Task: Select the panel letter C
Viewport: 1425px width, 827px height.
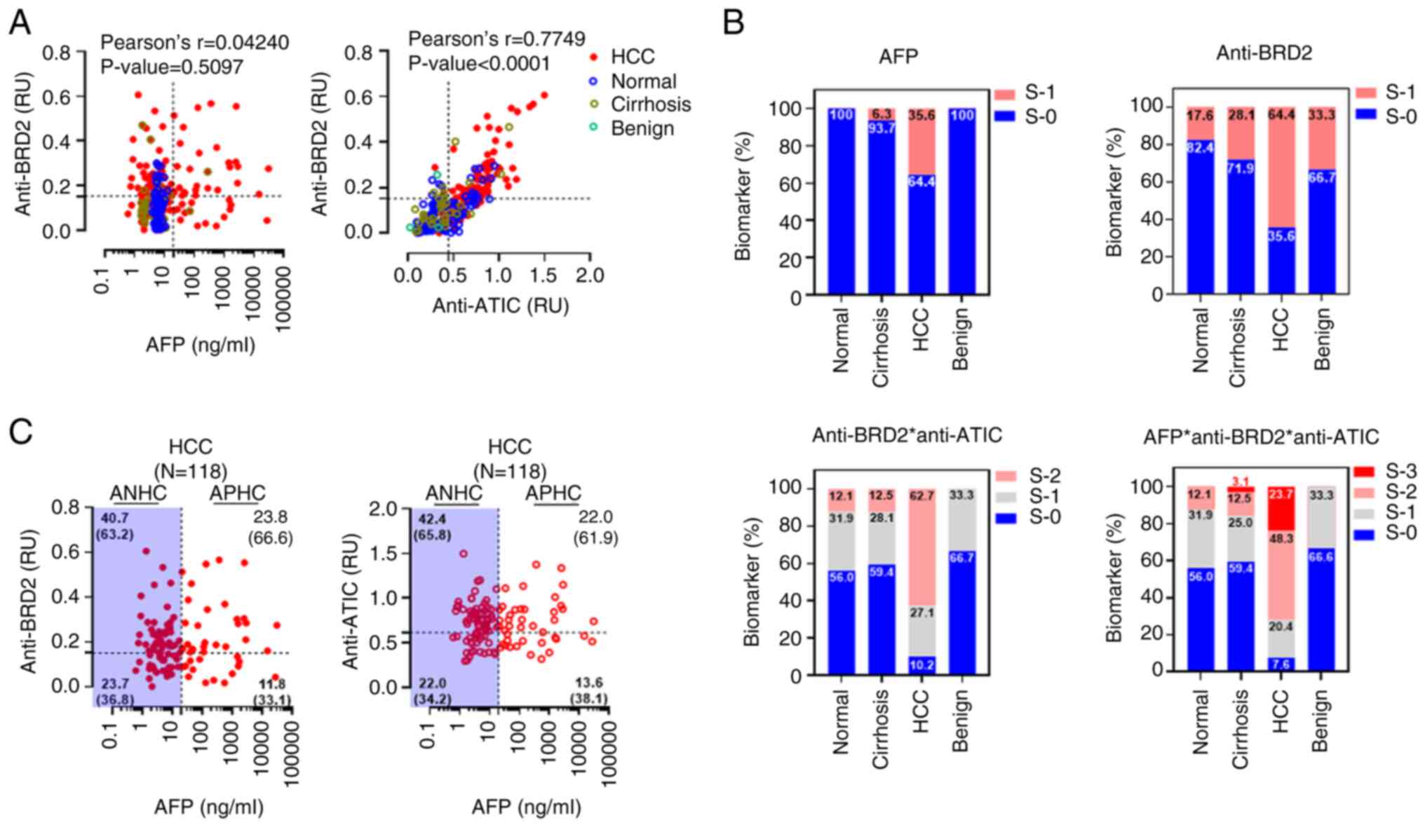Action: click(20, 432)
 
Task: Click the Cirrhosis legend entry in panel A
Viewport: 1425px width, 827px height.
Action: click(650, 104)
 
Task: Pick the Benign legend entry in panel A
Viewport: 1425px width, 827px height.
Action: click(642, 128)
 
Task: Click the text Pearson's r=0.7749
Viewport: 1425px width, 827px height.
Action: click(497, 39)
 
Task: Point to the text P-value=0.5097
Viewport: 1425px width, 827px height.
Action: click(172, 67)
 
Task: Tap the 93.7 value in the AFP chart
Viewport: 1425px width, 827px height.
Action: click(881, 128)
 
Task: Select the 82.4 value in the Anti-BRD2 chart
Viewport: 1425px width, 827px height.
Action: click(1201, 148)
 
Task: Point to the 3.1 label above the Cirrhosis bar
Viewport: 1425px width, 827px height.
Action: click(1241, 481)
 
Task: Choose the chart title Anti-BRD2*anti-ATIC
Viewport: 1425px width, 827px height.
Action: click(907, 435)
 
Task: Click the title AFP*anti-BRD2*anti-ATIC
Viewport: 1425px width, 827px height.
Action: click(1261, 437)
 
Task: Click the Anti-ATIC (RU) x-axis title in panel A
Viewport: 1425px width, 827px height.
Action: click(500, 306)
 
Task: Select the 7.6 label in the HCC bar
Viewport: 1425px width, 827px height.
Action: click(1281, 664)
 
